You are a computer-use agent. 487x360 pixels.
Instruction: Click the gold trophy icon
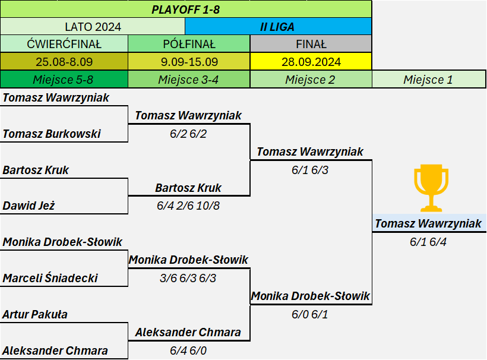click(431, 188)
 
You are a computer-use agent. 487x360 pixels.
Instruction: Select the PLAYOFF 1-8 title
click(186, 10)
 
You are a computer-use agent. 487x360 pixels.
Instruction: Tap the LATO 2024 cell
click(93, 27)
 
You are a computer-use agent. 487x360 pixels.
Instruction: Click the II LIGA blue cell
click(277, 27)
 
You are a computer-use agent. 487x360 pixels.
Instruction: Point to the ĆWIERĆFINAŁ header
click(64, 44)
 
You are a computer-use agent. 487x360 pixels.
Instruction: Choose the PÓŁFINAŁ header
click(189, 44)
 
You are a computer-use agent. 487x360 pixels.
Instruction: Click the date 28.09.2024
click(311, 62)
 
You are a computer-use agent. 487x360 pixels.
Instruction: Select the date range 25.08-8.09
click(64, 62)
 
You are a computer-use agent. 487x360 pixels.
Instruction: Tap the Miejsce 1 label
click(428, 80)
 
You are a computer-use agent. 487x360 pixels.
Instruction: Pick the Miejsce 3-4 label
click(188, 80)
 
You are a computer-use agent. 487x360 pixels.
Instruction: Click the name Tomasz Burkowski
click(52, 134)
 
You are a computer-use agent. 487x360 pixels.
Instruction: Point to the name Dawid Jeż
click(29, 206)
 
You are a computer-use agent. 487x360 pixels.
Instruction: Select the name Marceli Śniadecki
click(50, 278)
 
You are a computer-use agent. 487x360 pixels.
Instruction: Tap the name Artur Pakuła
click(35, 314)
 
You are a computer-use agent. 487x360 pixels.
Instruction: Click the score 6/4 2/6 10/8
click(188, 206)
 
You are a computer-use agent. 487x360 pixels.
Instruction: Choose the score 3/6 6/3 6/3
click(188, 278)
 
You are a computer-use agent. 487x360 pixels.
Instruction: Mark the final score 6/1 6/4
click(428, 242)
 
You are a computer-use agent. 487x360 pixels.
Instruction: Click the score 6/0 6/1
click(309, 314)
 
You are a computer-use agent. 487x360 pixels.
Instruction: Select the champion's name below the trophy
click(428, 223)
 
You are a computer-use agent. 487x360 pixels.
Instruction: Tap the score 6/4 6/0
click(188, 350)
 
